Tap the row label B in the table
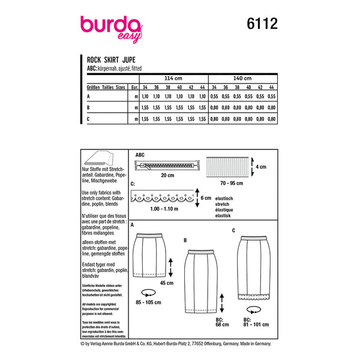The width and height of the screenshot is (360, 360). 89,109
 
